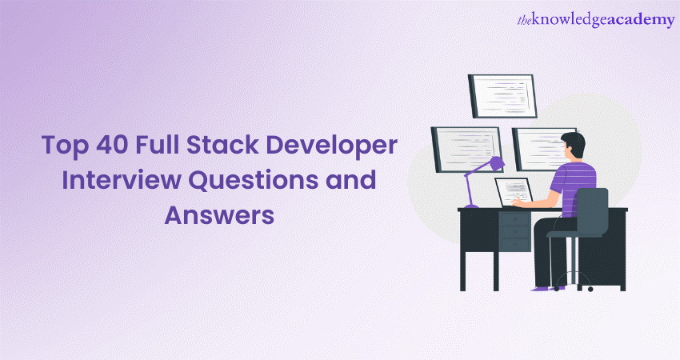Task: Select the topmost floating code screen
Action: [x=502, y=95]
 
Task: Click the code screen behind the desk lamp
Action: [x=465, y=148]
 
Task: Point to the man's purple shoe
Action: [x=544, y=286]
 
